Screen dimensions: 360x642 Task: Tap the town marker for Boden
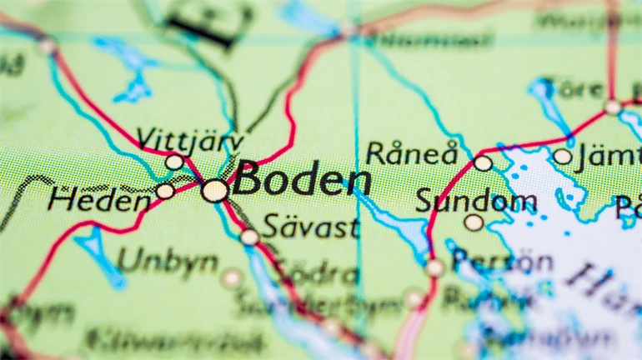214,191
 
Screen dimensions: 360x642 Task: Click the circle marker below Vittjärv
173,162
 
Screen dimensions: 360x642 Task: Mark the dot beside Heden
165,192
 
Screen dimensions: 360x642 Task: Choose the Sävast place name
311,226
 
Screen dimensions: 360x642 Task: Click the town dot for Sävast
249,237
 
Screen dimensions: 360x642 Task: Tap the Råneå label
412,153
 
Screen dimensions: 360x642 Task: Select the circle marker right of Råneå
483,162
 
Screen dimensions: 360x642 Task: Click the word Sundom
475,201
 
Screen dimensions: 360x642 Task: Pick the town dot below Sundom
473,222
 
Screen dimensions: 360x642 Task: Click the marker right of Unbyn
232,278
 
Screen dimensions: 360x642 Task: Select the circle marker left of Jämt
562,156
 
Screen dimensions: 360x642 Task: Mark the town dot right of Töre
613,107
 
